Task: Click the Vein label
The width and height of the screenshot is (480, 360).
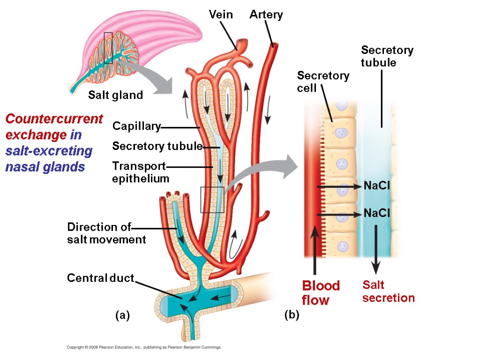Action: click(220, 15)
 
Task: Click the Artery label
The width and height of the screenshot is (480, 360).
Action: click(266, 15)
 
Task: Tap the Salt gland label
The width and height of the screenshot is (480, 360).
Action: click(115, 95)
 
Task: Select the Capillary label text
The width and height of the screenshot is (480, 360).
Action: click(136, 127)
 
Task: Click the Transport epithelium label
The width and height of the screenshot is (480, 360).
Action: click(140, 172)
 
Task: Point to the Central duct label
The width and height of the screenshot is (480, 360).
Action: click(101, 278)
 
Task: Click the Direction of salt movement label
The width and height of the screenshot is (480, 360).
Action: click(106, 233)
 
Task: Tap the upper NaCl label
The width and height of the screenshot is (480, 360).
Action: click(377, 187)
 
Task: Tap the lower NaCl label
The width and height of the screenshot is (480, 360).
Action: click(377, 214)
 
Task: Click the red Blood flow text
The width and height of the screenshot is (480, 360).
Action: click(321, 292)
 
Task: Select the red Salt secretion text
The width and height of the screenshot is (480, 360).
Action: click(388, 292)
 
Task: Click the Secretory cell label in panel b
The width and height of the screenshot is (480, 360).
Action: click(323, 82)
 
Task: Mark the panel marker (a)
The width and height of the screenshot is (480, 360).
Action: click(122, 315)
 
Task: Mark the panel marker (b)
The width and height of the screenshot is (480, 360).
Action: click(291, 315)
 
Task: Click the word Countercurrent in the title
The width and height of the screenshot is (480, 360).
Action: click(54, 119)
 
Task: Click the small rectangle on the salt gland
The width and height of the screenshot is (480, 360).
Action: click(108, 48)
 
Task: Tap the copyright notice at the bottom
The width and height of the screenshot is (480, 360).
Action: click(143, 348)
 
